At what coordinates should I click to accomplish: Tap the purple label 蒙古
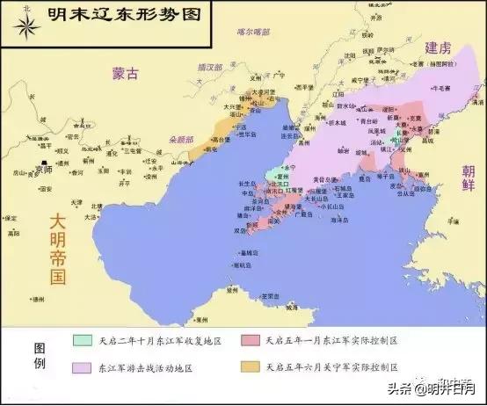click(x=125, y=75)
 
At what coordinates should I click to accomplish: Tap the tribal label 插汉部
click(x=207, y=67)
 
